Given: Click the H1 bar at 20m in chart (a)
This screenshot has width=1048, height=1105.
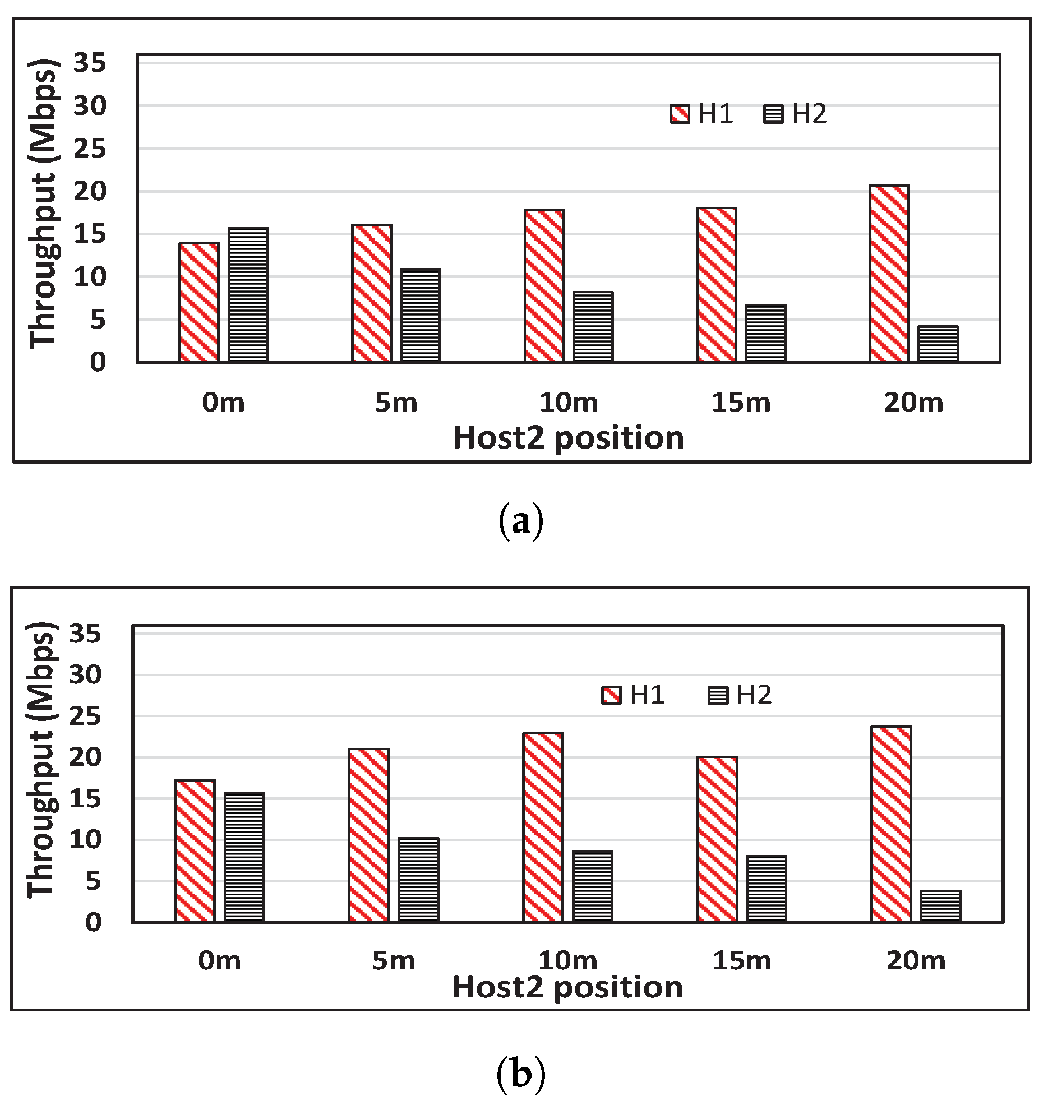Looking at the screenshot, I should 889,273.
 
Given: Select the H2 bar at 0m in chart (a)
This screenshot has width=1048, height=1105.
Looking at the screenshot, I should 248,294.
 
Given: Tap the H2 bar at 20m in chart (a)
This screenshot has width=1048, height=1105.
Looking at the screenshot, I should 938,344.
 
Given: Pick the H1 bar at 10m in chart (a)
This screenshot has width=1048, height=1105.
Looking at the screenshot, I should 544,286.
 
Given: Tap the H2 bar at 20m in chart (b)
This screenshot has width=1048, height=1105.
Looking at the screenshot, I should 941,906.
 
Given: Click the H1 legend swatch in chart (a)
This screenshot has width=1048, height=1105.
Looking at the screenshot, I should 680,114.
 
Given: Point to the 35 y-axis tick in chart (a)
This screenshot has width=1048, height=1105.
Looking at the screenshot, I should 90,63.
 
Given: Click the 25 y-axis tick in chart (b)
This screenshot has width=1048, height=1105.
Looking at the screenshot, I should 85,716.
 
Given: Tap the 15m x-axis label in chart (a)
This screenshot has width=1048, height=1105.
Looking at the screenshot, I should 741,403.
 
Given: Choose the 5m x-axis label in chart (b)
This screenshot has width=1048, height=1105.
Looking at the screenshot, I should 394,961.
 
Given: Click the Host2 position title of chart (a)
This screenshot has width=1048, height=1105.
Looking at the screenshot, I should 568,438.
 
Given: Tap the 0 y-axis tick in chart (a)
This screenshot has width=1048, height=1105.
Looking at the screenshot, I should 98,363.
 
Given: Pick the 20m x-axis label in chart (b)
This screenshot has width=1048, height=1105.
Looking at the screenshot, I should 916,961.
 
